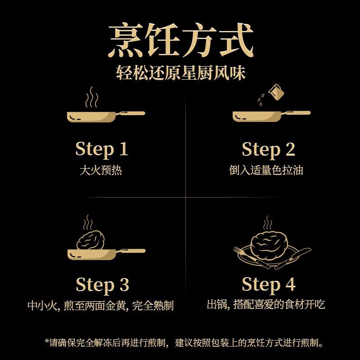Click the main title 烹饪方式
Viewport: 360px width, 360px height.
(180, 41)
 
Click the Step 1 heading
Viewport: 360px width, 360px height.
(102, 149)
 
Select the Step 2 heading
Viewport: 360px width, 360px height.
(268, 149)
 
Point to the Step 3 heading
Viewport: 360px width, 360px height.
(102, 285)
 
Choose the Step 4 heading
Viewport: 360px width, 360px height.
(268, 285)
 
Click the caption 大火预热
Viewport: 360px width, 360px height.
(101, 171)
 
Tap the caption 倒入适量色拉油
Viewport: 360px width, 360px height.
(266, 171)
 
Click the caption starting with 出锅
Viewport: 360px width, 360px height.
(265, 305)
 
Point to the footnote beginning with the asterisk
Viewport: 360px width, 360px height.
(184, 343)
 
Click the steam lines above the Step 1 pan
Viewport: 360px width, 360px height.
(92, 97)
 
